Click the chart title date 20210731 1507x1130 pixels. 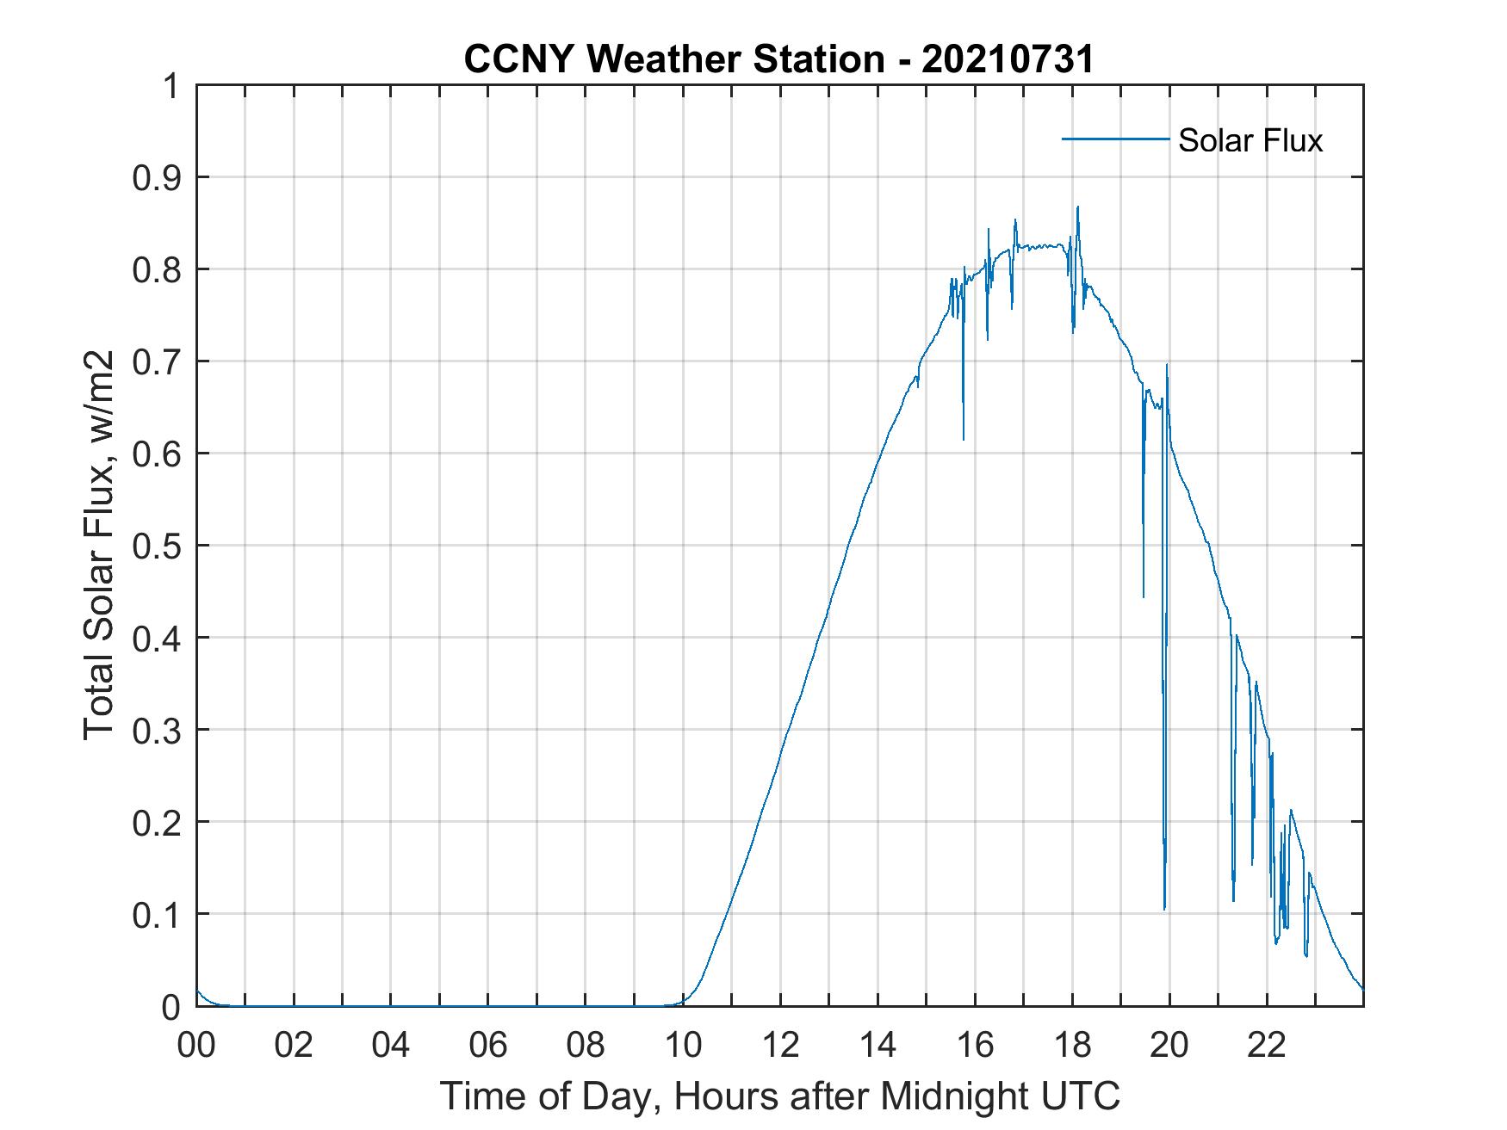[1008, 59]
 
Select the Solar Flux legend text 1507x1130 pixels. [1250, 140]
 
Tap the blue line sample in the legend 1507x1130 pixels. [1114, 139]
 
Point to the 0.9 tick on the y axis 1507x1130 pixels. [158, 178]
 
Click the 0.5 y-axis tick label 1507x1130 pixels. [158, 546]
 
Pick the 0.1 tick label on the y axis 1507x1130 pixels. [158, 915]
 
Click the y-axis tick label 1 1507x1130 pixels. [171, 86]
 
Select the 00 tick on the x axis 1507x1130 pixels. [196, 1045]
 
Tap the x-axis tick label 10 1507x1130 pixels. [683, 1045]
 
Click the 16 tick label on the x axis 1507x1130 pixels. [975, 1045]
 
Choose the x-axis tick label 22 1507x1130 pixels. [1267, 1045]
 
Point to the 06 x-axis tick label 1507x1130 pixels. [488, 1045]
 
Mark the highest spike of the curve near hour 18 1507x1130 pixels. [1077, 207]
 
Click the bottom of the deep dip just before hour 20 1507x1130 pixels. [1164, 909]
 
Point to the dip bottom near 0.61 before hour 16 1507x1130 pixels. [964, 440]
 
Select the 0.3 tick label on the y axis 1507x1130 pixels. [158, 731]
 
